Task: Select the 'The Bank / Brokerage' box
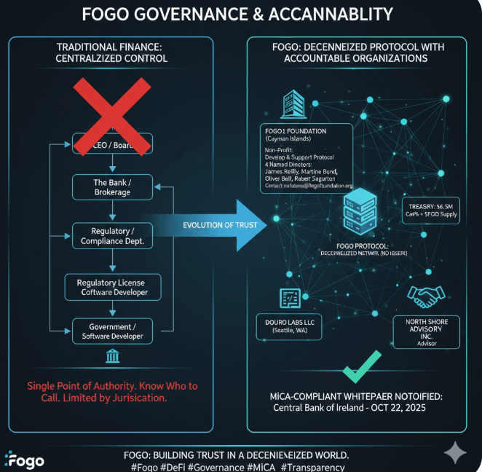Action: [x=111, y=186]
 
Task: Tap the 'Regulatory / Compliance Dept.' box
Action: [x=111, y=236]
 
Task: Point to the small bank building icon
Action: [x=114, y=357]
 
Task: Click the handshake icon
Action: [x=422, y=295]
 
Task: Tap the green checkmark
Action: [x=362, y=366]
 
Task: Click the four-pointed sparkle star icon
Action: [x=455, y=452]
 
